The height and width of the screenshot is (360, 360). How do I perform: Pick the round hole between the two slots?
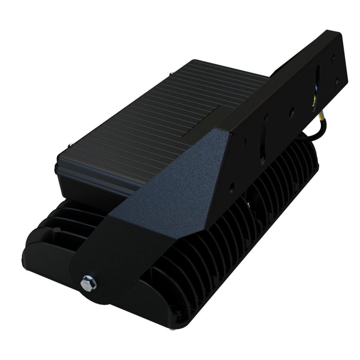click(292, 110)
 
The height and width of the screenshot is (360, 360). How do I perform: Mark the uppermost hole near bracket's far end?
click(334, 58)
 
